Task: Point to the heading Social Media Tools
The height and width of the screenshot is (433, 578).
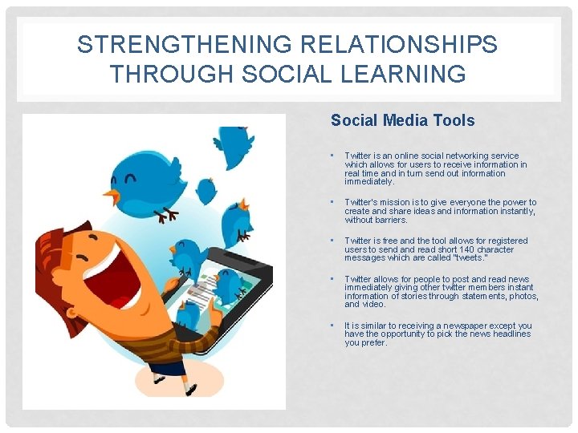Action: tap(402, 120)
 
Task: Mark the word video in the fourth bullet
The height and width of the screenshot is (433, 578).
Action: tap(375, 305)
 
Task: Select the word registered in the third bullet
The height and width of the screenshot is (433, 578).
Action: tap(507, 241)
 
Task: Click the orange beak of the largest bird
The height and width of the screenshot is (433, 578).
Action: tap(114, 196)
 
